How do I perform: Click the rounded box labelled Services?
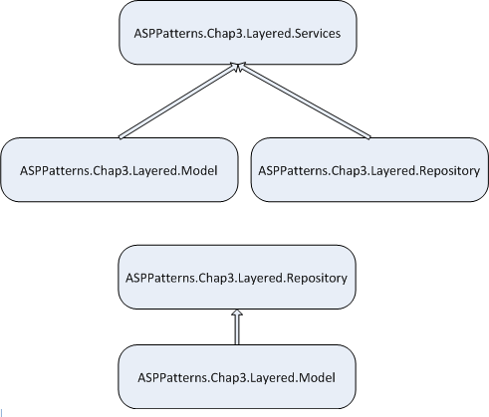point(238,33)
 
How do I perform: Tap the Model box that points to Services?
point(120,170)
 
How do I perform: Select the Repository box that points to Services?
point(369,170)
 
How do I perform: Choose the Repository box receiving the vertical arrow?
point(237,278)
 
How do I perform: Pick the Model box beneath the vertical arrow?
point(237,377)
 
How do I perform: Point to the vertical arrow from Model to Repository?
point(237,327)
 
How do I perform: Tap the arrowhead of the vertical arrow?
point(237,313)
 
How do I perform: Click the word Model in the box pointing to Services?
point(200,170)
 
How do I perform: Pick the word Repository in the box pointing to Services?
point(450,171)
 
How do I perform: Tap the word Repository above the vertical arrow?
point(317,279)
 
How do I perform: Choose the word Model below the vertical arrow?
point(318,377)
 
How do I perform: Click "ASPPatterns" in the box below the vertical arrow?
point(172,377)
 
